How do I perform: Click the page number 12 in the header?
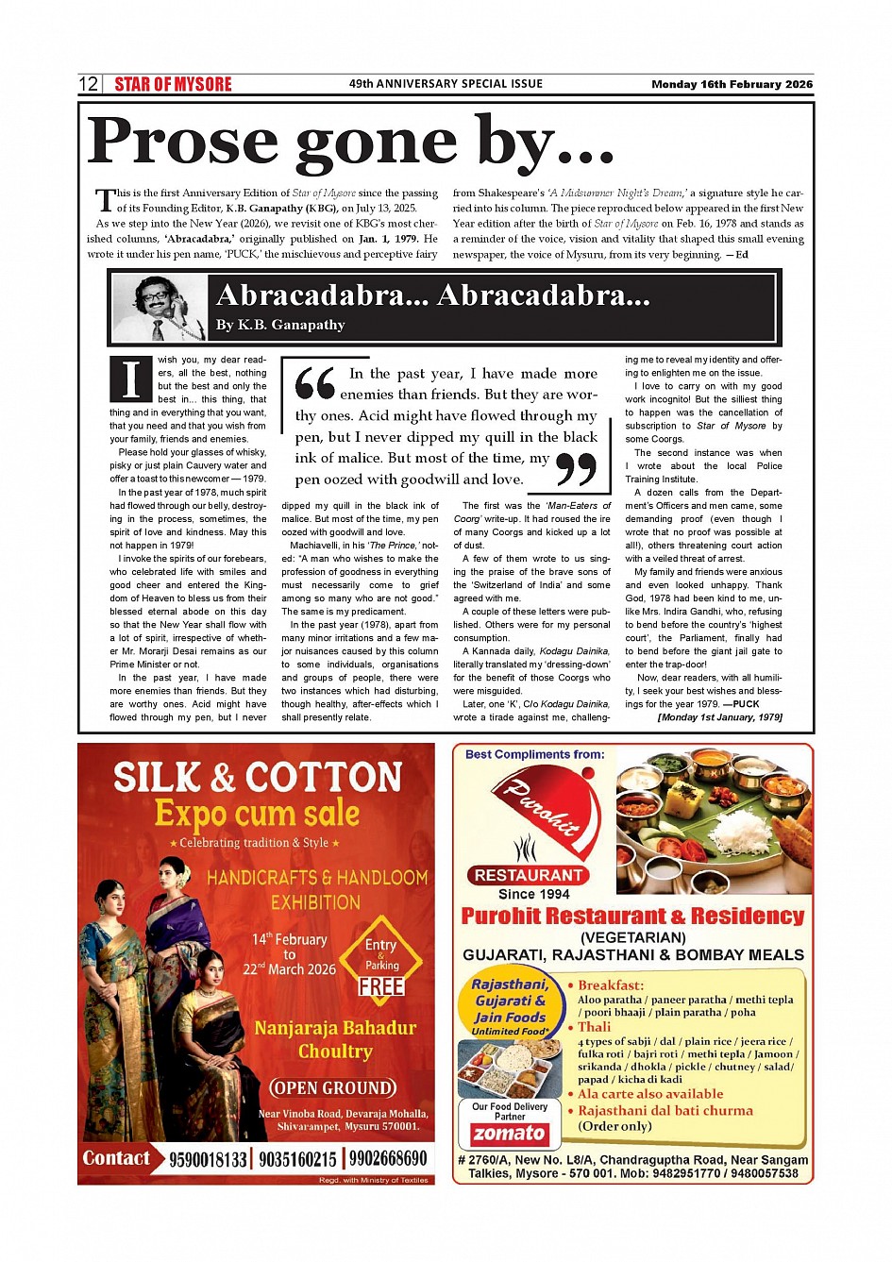(x=88, y=84)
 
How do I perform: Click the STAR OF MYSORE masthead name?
(x=173, y=84)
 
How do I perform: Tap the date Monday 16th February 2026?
(x=732, y=84)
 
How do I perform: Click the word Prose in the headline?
(x=184, y=142)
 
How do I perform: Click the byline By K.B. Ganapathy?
(x=280, y=325)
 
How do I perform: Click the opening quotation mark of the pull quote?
(x=314, y=383)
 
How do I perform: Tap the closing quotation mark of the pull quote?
(x=575, y=469)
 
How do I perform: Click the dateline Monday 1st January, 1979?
(x=719, y=717)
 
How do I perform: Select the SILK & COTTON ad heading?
(x=258, y=778)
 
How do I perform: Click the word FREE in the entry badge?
(x=381, y=986)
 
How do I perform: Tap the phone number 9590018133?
(x=208, y=1159)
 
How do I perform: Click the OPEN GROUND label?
(x=333, y=1087)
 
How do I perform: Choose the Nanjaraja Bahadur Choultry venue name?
(x=335, y=1039)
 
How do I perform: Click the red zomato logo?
(x=510, y=1134)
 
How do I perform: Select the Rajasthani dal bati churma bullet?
(x=665, y=1111)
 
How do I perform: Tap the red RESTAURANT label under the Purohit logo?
(x=528, y=875)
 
